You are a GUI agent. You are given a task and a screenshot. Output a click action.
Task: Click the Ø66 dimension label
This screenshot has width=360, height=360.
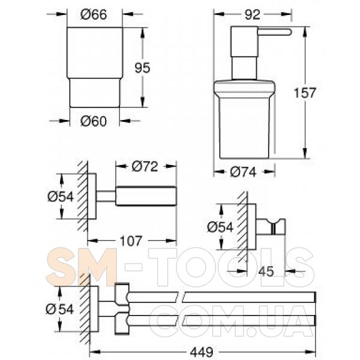[x=94, y=14]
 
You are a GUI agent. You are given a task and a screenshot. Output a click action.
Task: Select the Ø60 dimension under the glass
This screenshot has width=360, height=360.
[x=94, y=121]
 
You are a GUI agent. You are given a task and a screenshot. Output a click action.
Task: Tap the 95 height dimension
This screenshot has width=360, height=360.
[x=142, y=68]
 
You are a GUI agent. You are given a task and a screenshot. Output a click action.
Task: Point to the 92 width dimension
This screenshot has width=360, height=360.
[x=253, y=14]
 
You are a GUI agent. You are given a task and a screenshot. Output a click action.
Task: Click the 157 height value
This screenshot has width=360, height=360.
[x=305, y=93]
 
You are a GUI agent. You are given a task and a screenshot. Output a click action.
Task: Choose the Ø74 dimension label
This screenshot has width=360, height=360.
[x=243, y=172]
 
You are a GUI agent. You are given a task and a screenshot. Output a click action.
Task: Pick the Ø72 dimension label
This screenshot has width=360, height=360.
[x=145, y=166]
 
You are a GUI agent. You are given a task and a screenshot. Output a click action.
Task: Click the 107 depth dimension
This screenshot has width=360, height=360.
[x=131, y=241]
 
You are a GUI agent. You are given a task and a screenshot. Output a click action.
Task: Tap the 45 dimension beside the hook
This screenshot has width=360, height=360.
[x=266, y=272]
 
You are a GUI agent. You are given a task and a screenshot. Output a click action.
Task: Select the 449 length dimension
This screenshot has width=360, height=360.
[x=202, y=352]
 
